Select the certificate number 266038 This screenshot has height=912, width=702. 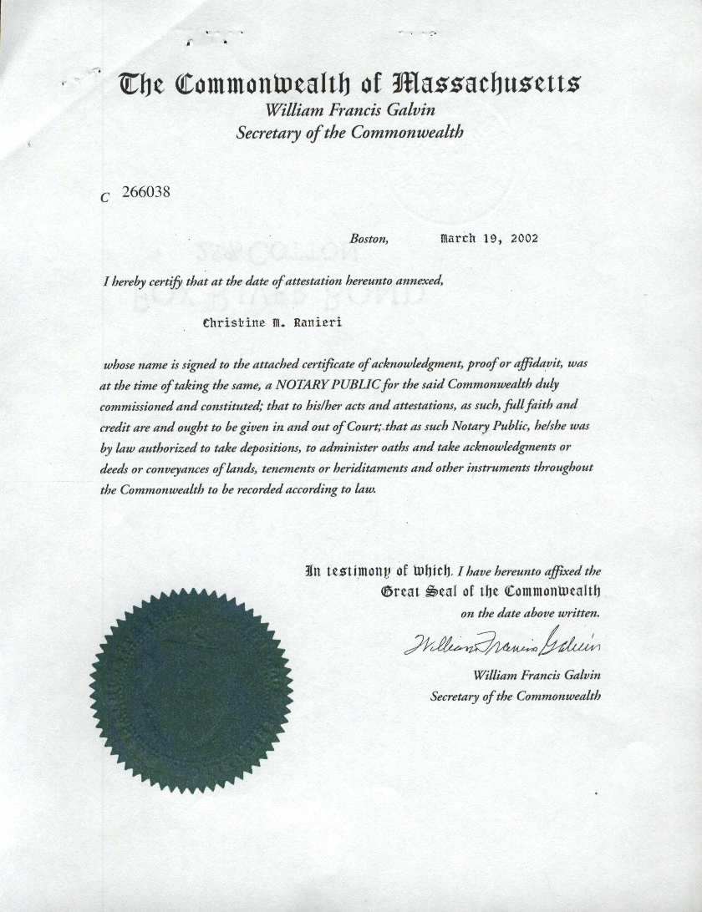[146, 191]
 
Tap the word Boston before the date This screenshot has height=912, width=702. [369, 239]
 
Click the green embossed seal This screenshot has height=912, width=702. [191, 689]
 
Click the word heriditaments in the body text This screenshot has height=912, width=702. [367, 468]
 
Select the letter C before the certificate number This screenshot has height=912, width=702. [104, 198]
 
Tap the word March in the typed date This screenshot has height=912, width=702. [456, 238]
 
